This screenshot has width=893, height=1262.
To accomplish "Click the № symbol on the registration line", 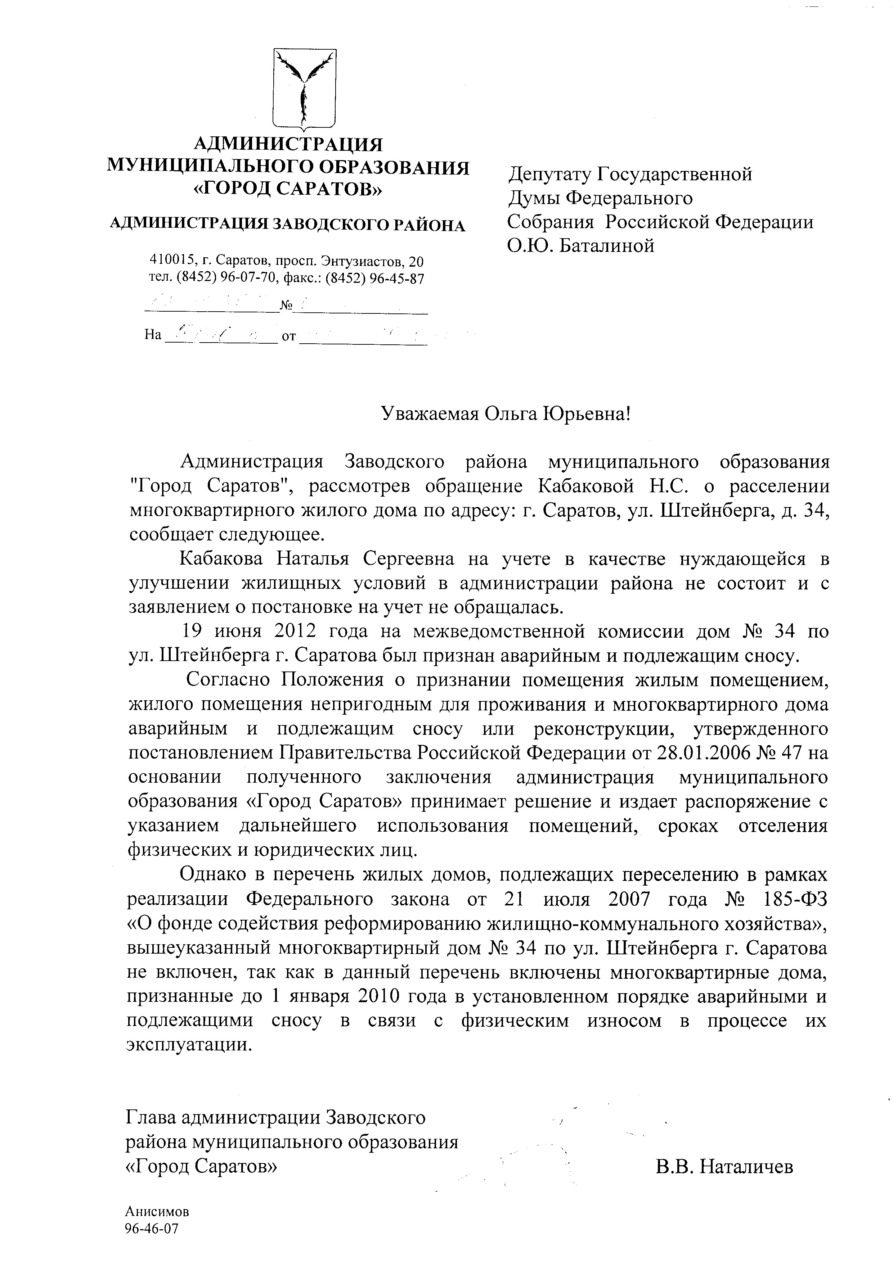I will coord(286,306).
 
